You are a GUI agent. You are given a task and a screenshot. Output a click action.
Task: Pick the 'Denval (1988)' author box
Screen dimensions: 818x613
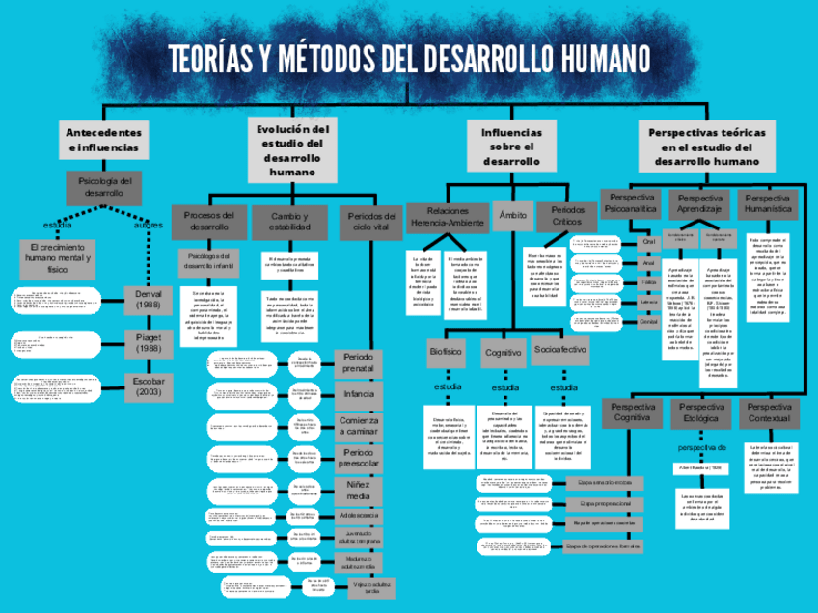[149, 299]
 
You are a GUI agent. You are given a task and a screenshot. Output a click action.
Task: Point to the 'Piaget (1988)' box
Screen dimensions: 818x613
[149, 342]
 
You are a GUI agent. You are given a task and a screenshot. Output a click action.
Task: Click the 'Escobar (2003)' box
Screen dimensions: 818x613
[149, 386]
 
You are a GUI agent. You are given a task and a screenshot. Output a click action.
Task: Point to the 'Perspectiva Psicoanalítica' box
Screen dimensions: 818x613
[631, 203]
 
